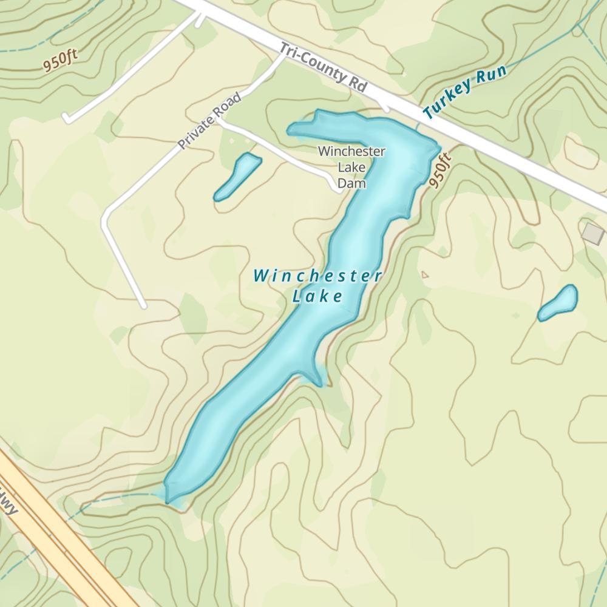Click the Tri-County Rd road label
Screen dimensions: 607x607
pyautogui.click(x=324, y=68)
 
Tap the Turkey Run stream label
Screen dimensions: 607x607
pyautogui.click(x=464, y=93)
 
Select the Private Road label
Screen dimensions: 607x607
pyautogui.click(x=209, y=122)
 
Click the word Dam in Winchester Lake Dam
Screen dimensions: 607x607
pyautogui.click(x=351, y=183)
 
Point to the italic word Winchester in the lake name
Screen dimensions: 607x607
pyautogui.click(x=317, y=276)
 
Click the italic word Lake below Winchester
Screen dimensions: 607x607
pyautogui.click(x=317, y=297)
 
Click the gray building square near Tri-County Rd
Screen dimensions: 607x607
pyautogui.click(x=592, y=232)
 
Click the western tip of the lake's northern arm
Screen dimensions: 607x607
pyautogui.click(x=292, y=129)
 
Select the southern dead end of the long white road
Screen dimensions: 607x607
pyautogui.click(x=143, y=305)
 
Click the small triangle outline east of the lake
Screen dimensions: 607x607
pyautogui.click(x=424, y=275)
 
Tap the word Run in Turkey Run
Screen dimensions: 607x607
pyautogui.click(x=491, y=76)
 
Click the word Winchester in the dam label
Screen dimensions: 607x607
pyautogui.click(x=351, y=151)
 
